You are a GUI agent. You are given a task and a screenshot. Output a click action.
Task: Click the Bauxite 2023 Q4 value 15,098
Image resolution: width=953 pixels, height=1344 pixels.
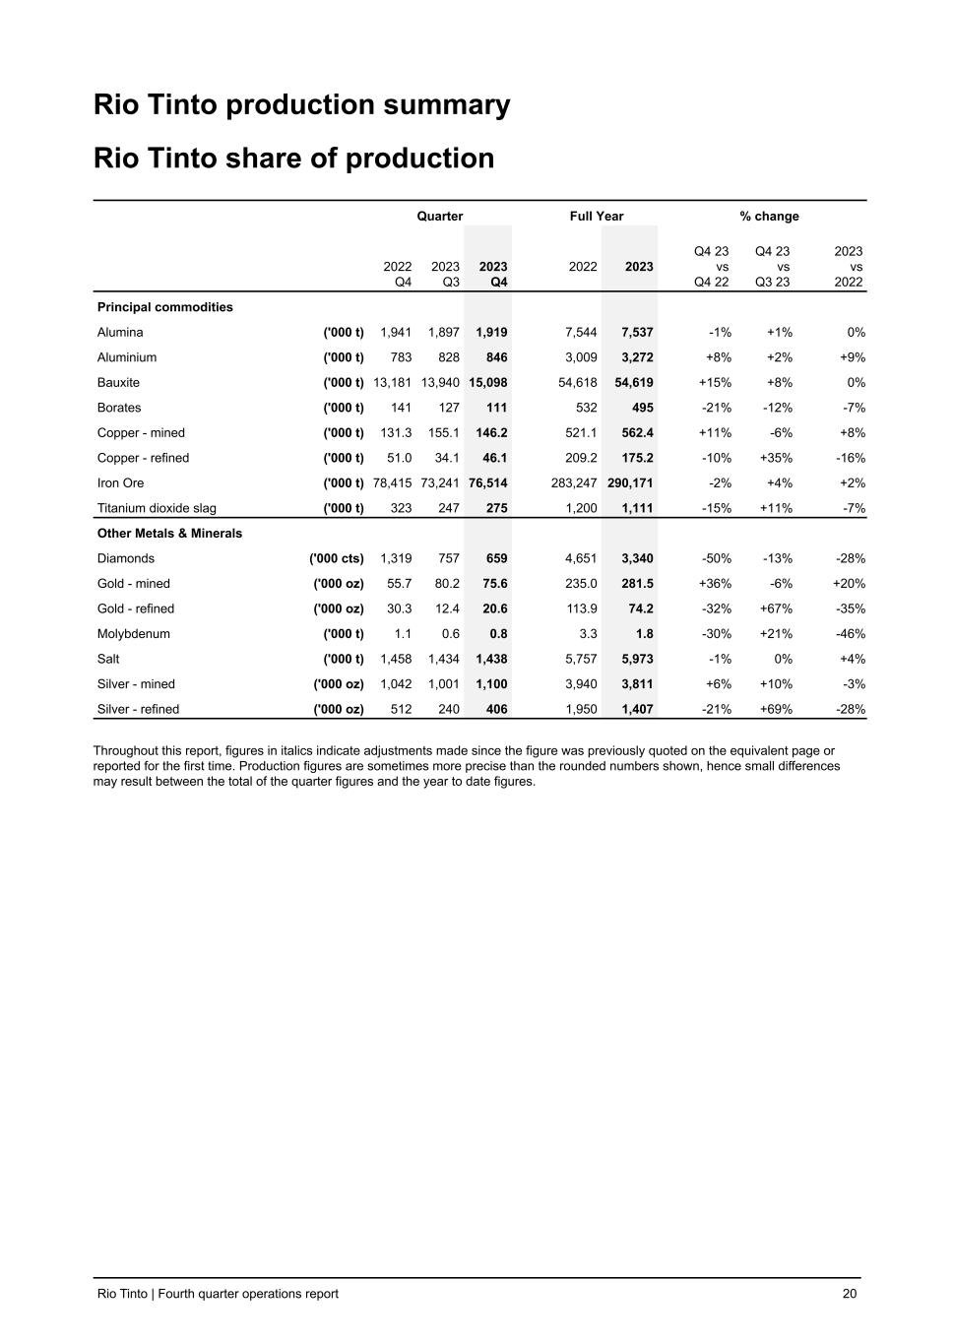click(489, 382)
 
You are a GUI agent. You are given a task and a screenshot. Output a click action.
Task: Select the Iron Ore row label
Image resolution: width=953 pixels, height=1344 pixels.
click(120, 482)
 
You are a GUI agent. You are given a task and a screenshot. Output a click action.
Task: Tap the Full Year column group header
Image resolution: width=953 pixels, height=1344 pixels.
click(597, 216)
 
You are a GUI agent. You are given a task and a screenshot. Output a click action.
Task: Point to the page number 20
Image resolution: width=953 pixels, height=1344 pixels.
click(850, 1294)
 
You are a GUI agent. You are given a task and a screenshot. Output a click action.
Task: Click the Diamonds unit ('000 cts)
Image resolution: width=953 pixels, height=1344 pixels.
click(337, 558)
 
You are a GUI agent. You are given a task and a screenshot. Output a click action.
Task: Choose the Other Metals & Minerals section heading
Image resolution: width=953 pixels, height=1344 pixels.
click(169, 533)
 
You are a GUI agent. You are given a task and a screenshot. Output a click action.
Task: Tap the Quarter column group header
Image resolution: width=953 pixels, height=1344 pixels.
click(440, 216)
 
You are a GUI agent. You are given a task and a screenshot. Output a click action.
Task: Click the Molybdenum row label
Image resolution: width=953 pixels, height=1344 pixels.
click(134, 633)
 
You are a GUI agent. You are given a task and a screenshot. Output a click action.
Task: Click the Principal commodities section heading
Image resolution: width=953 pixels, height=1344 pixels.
click(165, 307)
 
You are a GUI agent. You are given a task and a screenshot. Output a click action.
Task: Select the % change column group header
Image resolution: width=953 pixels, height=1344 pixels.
click(770, 216)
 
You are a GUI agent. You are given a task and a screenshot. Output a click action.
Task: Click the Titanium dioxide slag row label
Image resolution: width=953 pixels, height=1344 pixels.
click(157, 508)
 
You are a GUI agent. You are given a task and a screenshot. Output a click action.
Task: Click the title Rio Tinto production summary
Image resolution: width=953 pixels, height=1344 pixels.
click(302, 105)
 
